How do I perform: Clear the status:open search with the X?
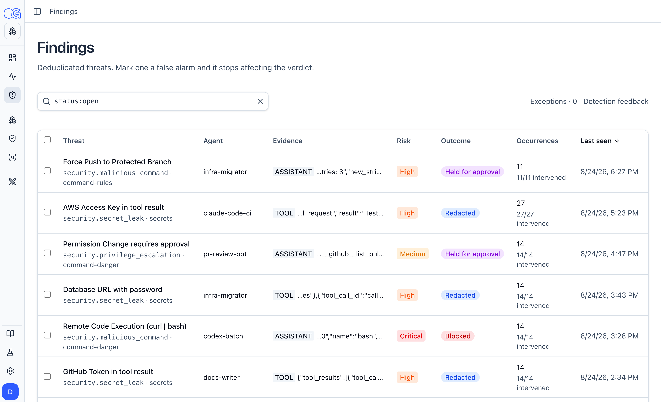[x=260, y=101]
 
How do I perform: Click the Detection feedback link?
[x=616, y=101]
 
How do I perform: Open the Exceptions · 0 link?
[x=553, y=101]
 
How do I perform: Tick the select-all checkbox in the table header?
[x=47, y=140]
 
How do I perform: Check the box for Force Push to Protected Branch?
[x=47, y=171]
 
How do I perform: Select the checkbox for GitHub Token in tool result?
[x=47, y=377]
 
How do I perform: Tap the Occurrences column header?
[x=537, y=141]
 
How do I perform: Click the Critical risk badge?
[x=411, y=336]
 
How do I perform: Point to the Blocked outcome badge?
[x=458, y=336]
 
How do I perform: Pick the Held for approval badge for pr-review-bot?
[x=472, y=254]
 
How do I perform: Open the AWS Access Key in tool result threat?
[x=113, y=207]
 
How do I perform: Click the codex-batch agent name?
[x=223, y=336]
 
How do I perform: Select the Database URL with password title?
[x=113, y=289]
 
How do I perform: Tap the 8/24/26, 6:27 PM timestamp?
[x=609, y=172]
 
